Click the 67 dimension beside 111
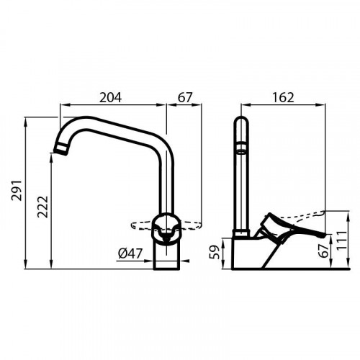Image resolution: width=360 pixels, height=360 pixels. click(x=325, y=249)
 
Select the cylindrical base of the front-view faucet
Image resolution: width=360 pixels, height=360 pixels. click(x=167, y=256)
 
